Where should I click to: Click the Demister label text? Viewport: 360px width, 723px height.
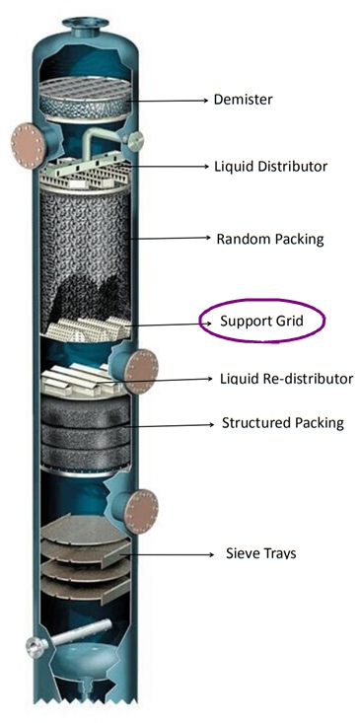242,100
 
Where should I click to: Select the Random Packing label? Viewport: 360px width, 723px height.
269,239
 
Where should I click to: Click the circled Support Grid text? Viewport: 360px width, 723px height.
260,322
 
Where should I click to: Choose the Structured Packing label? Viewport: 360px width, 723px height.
282,423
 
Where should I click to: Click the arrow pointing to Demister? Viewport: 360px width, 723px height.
173,100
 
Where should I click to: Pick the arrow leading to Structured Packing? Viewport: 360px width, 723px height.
178,424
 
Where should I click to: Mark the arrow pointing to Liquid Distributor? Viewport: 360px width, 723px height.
178,167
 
